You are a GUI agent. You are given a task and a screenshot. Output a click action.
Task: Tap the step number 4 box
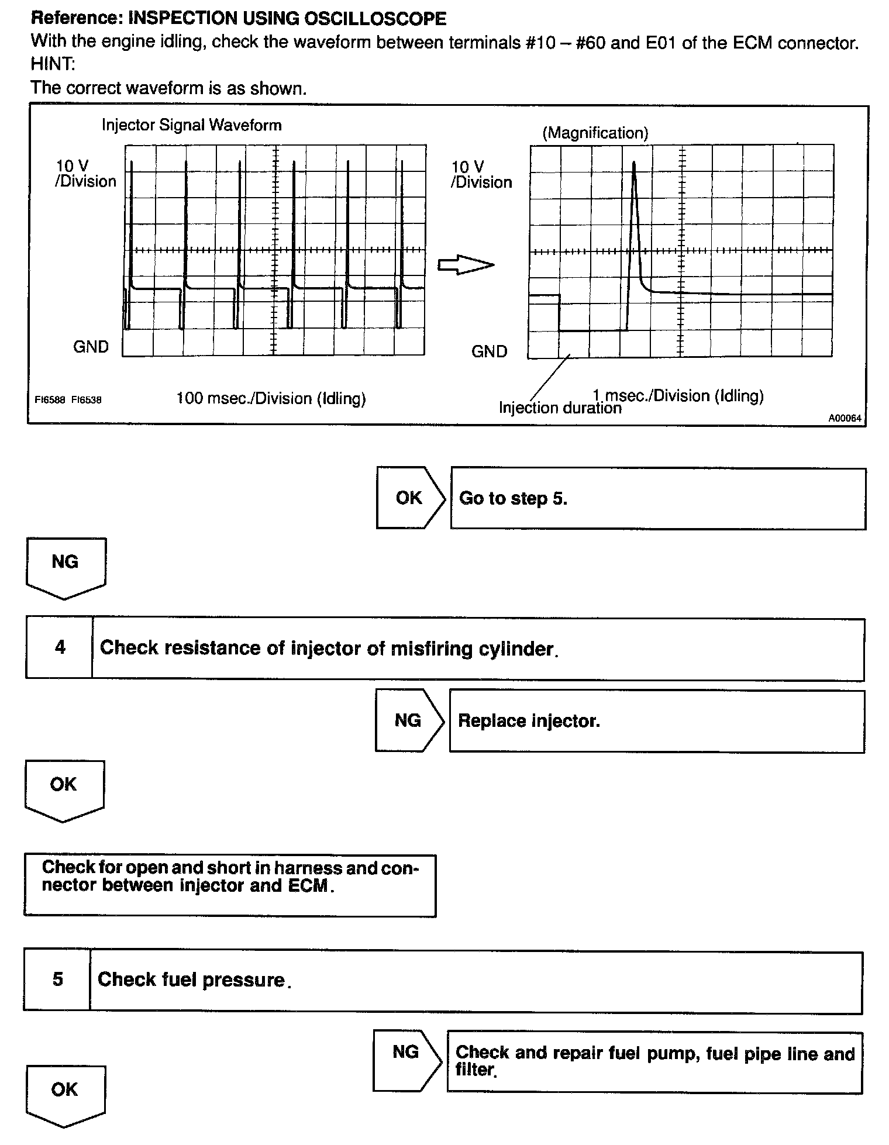click(60, 647)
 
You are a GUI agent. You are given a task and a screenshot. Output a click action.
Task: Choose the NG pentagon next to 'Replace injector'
click(408, 720)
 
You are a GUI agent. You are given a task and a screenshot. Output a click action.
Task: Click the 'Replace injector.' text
click(529, 720)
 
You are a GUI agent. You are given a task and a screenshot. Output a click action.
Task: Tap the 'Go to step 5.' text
click(513, 498)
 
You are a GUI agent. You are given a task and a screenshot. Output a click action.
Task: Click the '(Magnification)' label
click(595, 133)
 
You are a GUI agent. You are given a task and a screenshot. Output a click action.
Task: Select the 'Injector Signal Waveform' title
click(191, 125)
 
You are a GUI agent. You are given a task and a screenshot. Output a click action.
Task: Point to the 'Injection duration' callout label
click(559, 408)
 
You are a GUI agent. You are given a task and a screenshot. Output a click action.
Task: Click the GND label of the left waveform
click(91, 347)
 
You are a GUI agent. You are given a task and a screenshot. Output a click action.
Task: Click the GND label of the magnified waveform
click(489, 351)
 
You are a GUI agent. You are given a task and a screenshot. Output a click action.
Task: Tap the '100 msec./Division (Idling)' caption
click(271, 398)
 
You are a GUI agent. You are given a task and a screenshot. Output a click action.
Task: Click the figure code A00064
click(844, 418)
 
